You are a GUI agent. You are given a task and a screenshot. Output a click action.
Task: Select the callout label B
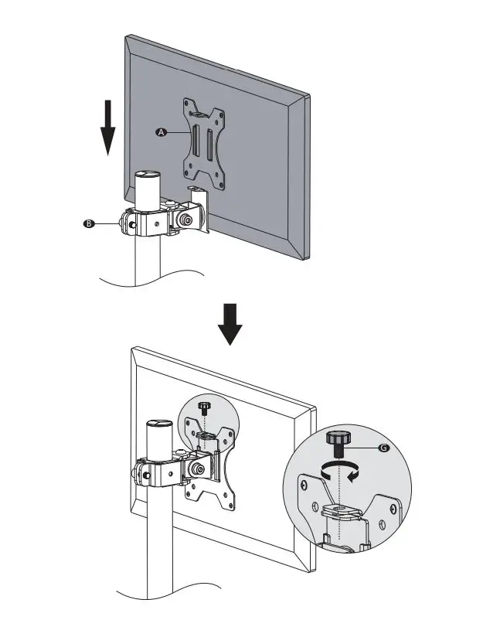[x=89, y=223]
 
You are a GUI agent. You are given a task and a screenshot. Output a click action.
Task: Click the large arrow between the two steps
[x=230, y=324]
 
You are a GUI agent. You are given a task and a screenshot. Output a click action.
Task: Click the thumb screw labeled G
[x=338, y=442]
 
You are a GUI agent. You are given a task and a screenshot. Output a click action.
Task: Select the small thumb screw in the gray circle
[x=204, y=407]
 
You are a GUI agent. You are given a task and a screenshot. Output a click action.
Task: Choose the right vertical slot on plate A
[x=209, y=147]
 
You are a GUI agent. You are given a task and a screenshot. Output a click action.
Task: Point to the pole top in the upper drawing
[x=146, y=175]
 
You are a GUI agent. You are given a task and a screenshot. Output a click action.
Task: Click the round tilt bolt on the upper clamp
[x=186, y=220]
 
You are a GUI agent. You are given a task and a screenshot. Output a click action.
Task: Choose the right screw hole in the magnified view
[x=395, y=510]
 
